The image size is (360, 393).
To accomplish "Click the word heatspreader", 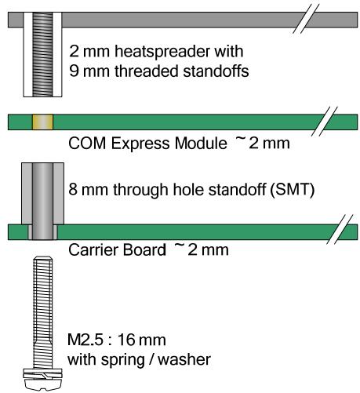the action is pyautogui.click(x=162, y=52).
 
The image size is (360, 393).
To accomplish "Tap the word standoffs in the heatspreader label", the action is pyautogui.click(x=216, y=71).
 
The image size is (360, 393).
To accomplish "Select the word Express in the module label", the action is pyautogui.click(x=141, y=144).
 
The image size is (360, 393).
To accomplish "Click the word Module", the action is pyautogui.click(x=201, y=144).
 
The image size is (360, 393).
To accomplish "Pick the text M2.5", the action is pyautogui.click(x=85, y=340).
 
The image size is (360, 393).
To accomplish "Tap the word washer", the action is pyautogui.click(x=184, y=359).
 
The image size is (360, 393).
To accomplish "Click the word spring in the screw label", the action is pyautogui.click(x=122, y=361).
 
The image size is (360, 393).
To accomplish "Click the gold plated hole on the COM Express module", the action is pyautogui.click(x=42, y=122).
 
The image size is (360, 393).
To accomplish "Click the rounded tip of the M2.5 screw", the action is pyautogui.click(x=43, y=258).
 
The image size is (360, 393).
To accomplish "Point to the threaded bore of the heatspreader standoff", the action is pyautogui.click(x=42, y=54).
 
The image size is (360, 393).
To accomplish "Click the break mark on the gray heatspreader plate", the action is pyautogui.click(x=306, y=20).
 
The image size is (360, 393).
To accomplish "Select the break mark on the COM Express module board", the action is pyautogui.click(x=325, y=122).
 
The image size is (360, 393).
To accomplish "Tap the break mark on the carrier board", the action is pyautogui.click(x=340, y=230).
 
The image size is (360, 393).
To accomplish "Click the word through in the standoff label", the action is pyautogui.click(x=140, y=190).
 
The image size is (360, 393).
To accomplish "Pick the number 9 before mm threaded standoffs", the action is pyautogui.click(x=74, y=71).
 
